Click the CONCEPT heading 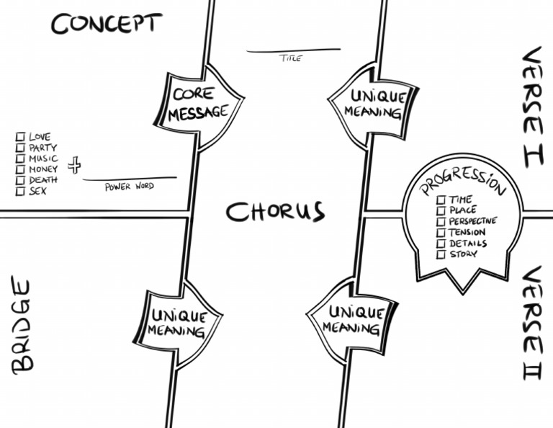click(x=106, y=24)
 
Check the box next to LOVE click(x=20, y=136)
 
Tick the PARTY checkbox click(x=20, y=147)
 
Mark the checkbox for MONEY click(x=20, y=169)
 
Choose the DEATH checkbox click(x=20, y=180)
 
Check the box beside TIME click(x=440, y=200)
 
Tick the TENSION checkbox click(x=440, y=233)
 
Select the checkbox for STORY click(x=440, y=254)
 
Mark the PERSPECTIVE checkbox click(x=440, y=221)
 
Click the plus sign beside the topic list click(x=73, y=166)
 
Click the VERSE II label click(x=531, y=324)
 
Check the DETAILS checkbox click(x=440, y=244)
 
